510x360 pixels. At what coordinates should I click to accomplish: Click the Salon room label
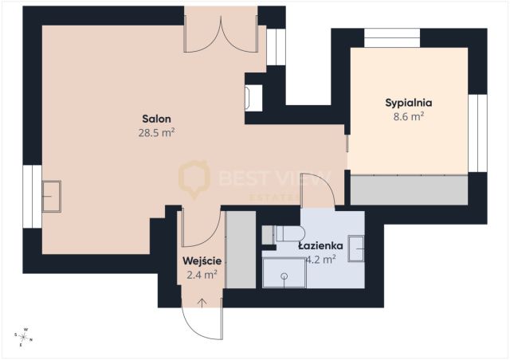(156, 119)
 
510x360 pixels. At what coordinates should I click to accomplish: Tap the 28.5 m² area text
(156, 133)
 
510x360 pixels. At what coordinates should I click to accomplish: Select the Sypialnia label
(409, 103)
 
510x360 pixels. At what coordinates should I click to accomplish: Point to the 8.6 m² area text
(409, 116)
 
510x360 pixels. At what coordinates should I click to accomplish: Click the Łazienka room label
(320, 246)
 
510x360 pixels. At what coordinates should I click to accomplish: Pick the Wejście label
(202, 261)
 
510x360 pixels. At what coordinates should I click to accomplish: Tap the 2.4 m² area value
(202, 275)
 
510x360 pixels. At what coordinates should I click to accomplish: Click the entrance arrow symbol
(202, 303)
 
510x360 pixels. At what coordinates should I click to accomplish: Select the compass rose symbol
(24, 337)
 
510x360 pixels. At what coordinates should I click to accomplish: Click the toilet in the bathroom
(290, 233)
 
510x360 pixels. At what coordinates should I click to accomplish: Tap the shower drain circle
(284, 276)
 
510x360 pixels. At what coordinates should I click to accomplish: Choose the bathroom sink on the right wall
(356, 248)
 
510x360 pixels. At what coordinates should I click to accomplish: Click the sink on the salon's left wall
(51, 197)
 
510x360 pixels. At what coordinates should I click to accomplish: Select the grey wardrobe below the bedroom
(409, 190)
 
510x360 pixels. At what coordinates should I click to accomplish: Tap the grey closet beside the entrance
(241, 250)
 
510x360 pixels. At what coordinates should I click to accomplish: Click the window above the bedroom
(392, 38)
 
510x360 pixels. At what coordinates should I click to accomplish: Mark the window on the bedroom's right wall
(477, 133)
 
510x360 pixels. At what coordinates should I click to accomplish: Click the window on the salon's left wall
(32, 197)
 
